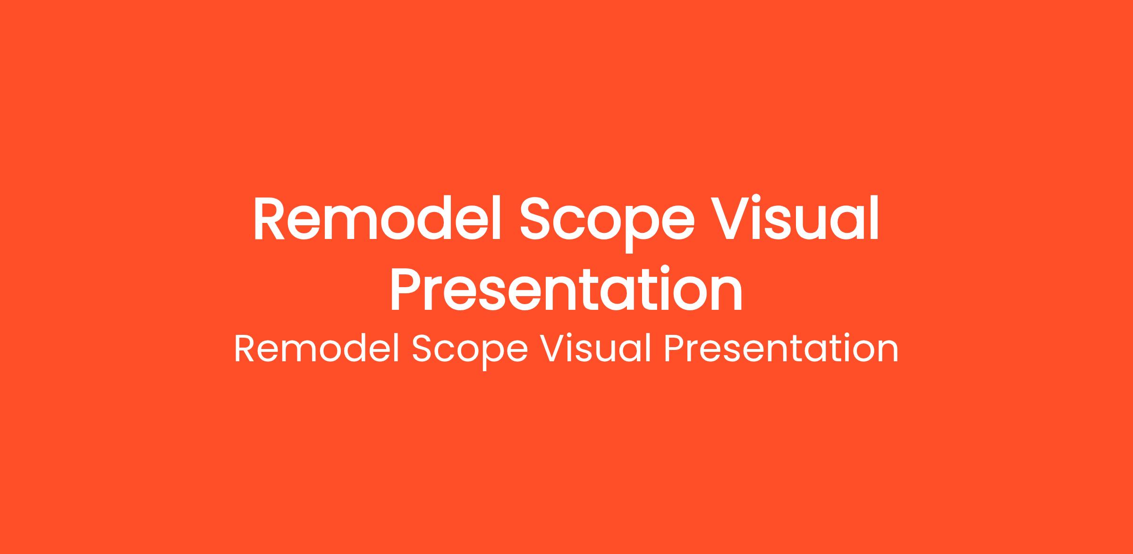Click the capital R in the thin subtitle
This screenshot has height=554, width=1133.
[245, 349]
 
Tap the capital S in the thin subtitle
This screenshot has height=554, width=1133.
[423, 349]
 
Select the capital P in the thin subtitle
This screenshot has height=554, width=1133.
[674, 349]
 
